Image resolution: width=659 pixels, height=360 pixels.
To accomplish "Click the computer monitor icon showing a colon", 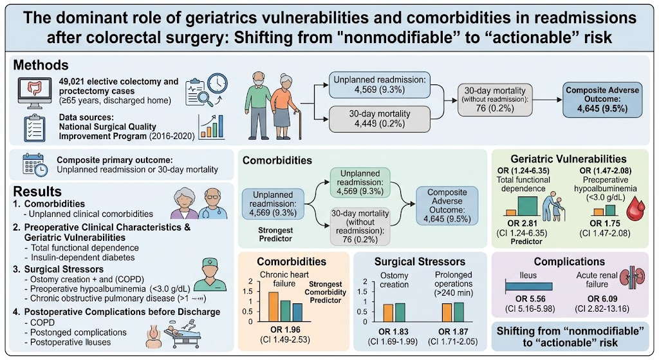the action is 35,91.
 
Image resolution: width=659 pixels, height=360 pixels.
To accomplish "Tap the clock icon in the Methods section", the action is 218,84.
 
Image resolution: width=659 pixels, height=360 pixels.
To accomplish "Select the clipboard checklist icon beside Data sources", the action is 35,128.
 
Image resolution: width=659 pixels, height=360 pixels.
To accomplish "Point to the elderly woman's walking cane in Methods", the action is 298,124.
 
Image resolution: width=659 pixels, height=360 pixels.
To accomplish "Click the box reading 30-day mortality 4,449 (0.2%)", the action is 380,118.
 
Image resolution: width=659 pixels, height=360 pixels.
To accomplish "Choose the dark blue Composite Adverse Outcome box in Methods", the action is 602,99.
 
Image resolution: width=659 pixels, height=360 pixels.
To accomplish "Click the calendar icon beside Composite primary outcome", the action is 35,164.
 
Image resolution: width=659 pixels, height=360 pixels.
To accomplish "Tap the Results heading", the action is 37,191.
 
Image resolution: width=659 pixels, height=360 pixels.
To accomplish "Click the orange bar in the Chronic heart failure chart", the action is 273,307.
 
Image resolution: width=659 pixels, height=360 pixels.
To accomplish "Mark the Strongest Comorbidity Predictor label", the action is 325,292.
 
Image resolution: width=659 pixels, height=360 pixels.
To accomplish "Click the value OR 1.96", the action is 285,330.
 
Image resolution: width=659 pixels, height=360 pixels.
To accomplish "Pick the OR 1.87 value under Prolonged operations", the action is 453,332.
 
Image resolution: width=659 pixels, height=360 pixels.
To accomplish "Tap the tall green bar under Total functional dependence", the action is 528,206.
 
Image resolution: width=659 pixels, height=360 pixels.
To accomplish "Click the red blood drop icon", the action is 635,209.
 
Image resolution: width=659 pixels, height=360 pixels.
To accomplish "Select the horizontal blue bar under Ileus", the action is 529,287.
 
